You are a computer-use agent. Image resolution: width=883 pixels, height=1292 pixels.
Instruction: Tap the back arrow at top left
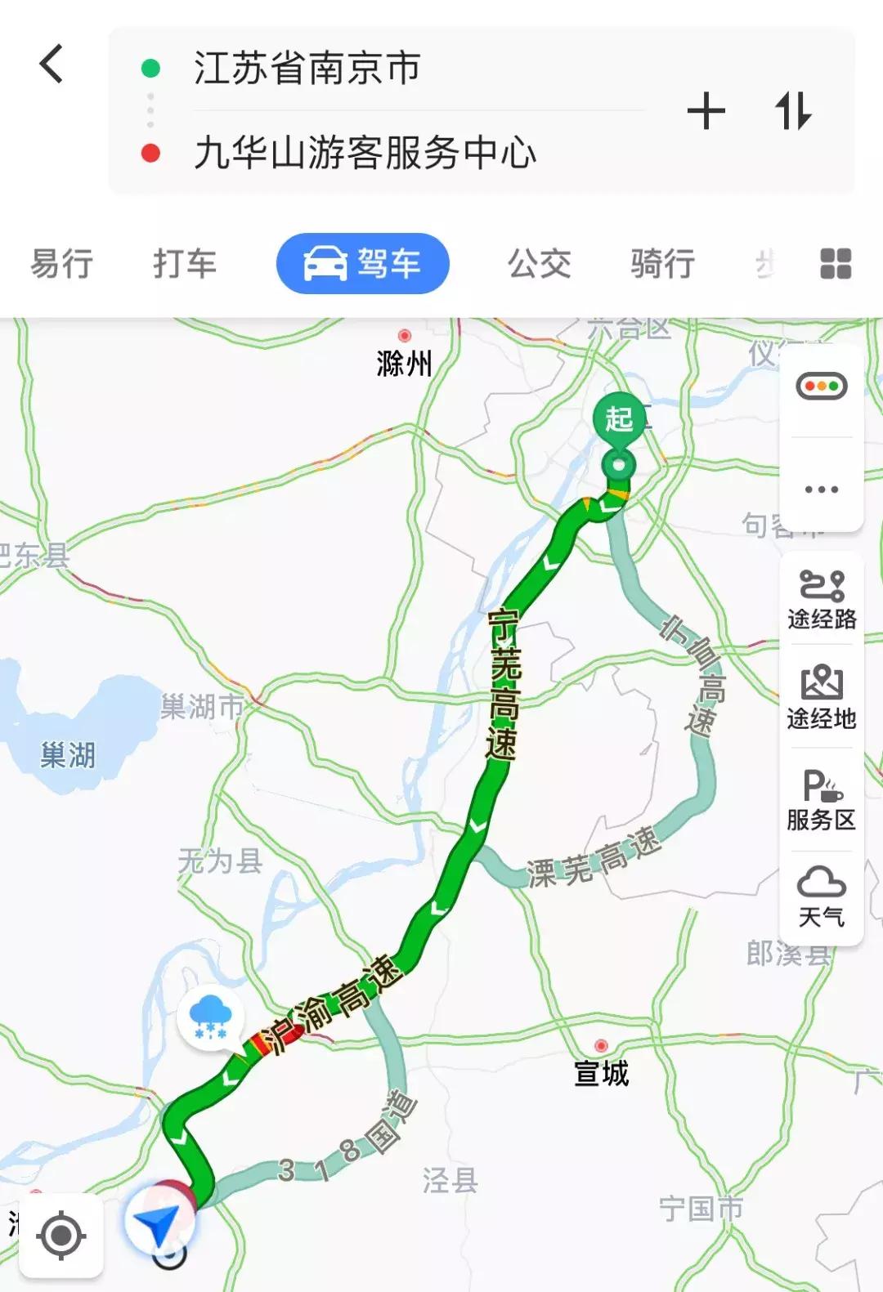coord(52,64)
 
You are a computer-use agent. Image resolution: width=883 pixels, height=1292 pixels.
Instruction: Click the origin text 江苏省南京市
coord(307,68)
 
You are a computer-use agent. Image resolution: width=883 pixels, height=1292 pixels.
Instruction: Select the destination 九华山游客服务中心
coord(365,153)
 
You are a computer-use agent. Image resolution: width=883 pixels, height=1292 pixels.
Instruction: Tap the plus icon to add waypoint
coord(706,111)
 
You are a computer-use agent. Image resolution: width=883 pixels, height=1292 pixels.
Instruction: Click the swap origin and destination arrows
coord(792,111)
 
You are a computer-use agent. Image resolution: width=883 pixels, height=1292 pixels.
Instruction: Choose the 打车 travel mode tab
coord(185,264)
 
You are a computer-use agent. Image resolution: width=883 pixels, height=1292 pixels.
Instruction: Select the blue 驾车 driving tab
coord(363,264)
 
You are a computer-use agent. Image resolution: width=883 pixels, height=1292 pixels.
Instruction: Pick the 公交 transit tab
coord(540,264)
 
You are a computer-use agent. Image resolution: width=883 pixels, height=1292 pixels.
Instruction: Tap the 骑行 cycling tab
coord(662,264)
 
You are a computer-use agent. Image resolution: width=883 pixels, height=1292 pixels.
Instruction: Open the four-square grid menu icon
coord(836,264)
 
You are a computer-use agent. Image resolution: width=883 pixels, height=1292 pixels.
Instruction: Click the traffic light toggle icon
coord(822,387)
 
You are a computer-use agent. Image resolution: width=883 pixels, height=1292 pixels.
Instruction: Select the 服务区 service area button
coord(822,800)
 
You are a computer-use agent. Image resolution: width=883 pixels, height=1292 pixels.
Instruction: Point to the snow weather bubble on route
coord(211,1017)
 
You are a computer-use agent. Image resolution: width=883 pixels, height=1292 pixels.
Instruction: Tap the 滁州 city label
coord(404,363)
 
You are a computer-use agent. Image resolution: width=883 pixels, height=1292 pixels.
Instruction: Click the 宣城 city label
coord(602,1072)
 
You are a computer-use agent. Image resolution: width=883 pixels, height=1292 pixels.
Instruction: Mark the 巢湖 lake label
coord(68,755)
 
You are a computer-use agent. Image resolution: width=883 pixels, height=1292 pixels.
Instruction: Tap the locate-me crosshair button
coord(61,1236)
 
